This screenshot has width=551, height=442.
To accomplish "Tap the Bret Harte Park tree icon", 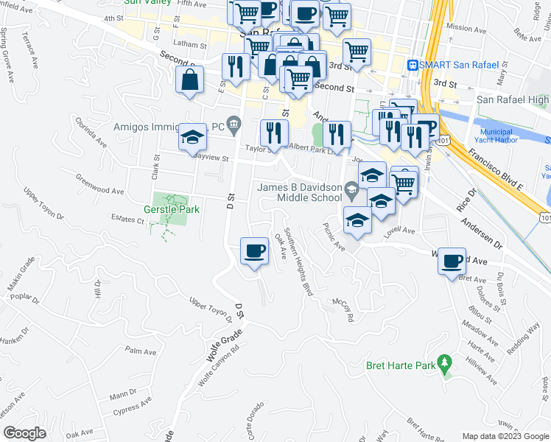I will coord(443,363).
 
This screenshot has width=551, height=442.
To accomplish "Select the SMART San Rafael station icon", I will coord(413,65).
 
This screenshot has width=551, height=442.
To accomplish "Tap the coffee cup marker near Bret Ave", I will coord(452,259).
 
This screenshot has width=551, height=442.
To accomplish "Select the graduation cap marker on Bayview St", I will coord(192,137).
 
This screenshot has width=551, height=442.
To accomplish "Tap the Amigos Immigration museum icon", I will coord(234,122).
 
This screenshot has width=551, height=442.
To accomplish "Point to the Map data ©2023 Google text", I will coord(505,436).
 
